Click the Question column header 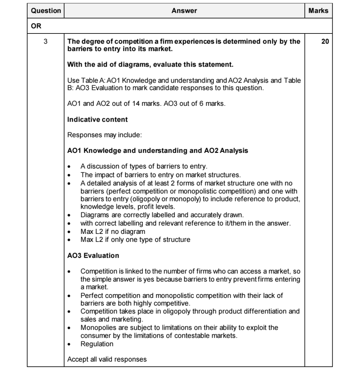[x=46, y=11]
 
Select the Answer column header [x=184, y=11]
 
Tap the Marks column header [x=318, y=11]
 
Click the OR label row [x=36, y=26]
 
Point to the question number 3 [x=46, y=41]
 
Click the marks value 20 [x=325, y=41]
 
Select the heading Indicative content [x=97, y=119]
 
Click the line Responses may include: [x=104, y=135]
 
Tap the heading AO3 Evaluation [x=93, y=255]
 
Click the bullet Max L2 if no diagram [x=113, y=232]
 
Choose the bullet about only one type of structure [x=135, y=240]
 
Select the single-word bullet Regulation [x=97, y=344]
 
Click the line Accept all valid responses [x=107, y=359]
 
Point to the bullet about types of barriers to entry [x=144, y=166]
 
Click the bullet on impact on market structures [x=160, y=175]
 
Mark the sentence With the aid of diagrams [x=150, y=64]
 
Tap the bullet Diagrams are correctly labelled [x=162, y=215]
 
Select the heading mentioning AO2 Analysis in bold [x=158, y=150]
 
